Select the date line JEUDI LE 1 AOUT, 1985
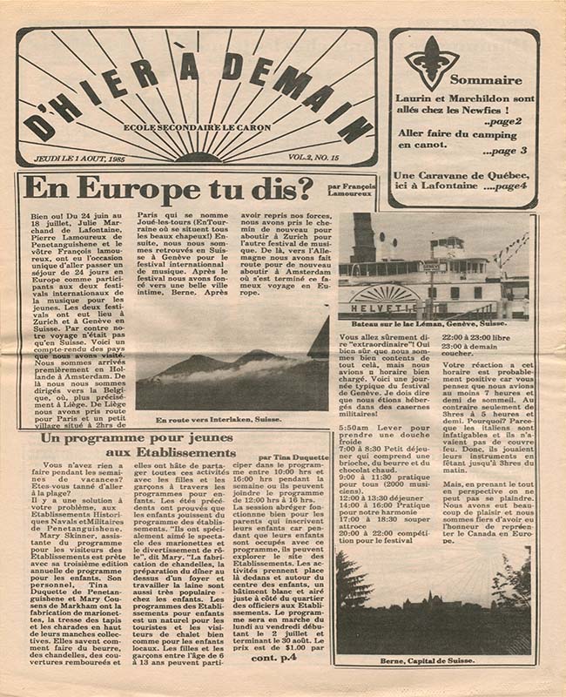[x=80, y=159]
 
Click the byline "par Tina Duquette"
[x=293, y=457]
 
